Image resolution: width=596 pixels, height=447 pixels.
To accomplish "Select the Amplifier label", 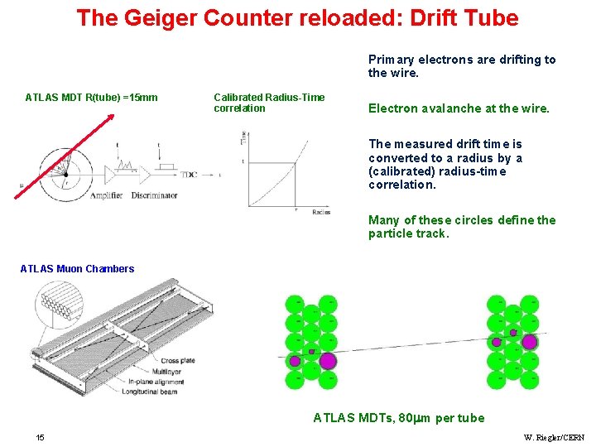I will [107, 195].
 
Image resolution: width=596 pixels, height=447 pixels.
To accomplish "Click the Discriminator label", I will [154, 195].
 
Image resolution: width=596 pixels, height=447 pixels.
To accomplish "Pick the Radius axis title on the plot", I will [320, 212].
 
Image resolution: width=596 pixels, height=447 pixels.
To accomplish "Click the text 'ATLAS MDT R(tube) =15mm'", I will [91, 98].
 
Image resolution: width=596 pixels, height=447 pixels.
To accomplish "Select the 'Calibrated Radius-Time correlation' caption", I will [269, 103].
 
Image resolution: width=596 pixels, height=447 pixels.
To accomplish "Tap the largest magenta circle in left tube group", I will [328, 360].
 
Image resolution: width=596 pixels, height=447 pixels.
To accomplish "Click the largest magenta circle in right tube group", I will [529, 341].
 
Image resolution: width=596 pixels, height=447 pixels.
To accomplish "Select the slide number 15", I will [41, 437].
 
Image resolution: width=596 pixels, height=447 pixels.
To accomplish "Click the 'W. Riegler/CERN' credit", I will [554, 437].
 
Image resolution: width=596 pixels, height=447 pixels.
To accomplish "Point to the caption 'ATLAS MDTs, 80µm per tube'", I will [398, 418].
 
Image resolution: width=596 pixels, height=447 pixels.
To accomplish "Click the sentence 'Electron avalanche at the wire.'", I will [459, 108].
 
